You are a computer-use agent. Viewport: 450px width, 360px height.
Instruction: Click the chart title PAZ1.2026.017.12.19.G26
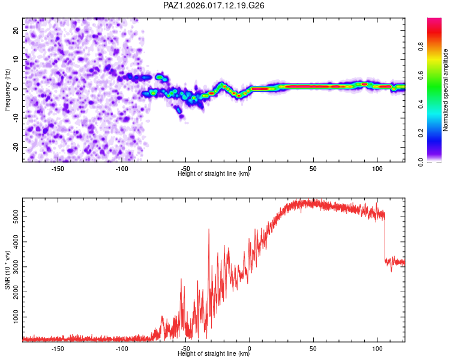tap(214, 5)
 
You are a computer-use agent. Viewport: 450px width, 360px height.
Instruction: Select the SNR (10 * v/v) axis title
tap(7, 270)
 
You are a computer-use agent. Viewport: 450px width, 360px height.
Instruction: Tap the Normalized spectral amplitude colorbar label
tap(445, 90)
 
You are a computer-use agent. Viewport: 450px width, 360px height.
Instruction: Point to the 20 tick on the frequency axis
tap(16, 29)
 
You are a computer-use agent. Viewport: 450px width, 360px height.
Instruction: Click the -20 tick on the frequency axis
tap(15, 147)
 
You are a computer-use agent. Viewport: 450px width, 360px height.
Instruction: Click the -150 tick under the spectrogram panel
tap(58, 169)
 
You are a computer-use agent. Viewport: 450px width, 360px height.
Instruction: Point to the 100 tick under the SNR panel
tap(377, 348)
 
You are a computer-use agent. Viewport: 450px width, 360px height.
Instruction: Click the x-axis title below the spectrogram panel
tap(214, 174)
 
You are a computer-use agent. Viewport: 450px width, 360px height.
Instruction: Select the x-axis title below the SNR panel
tap(214, 354)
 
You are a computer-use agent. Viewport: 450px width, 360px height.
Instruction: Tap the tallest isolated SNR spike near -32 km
tap(209, 230)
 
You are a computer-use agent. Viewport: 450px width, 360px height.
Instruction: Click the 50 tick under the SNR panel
tap(313, 348)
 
